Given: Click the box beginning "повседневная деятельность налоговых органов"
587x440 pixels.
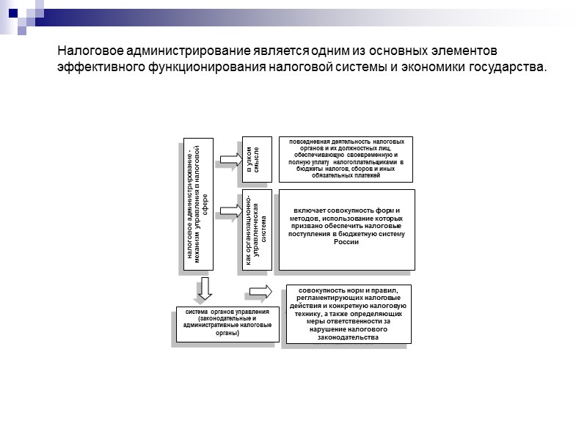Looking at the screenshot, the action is tap(340, 158).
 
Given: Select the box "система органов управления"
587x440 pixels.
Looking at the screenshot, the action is tap(227, 323).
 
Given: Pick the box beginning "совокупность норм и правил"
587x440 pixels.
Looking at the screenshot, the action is tap(349, 313).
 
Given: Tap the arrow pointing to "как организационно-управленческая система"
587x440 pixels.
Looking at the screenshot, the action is tap(227, 211).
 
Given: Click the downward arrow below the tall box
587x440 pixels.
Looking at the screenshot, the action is tap(205, 288).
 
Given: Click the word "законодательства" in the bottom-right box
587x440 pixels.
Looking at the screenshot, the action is tap(349, 337).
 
